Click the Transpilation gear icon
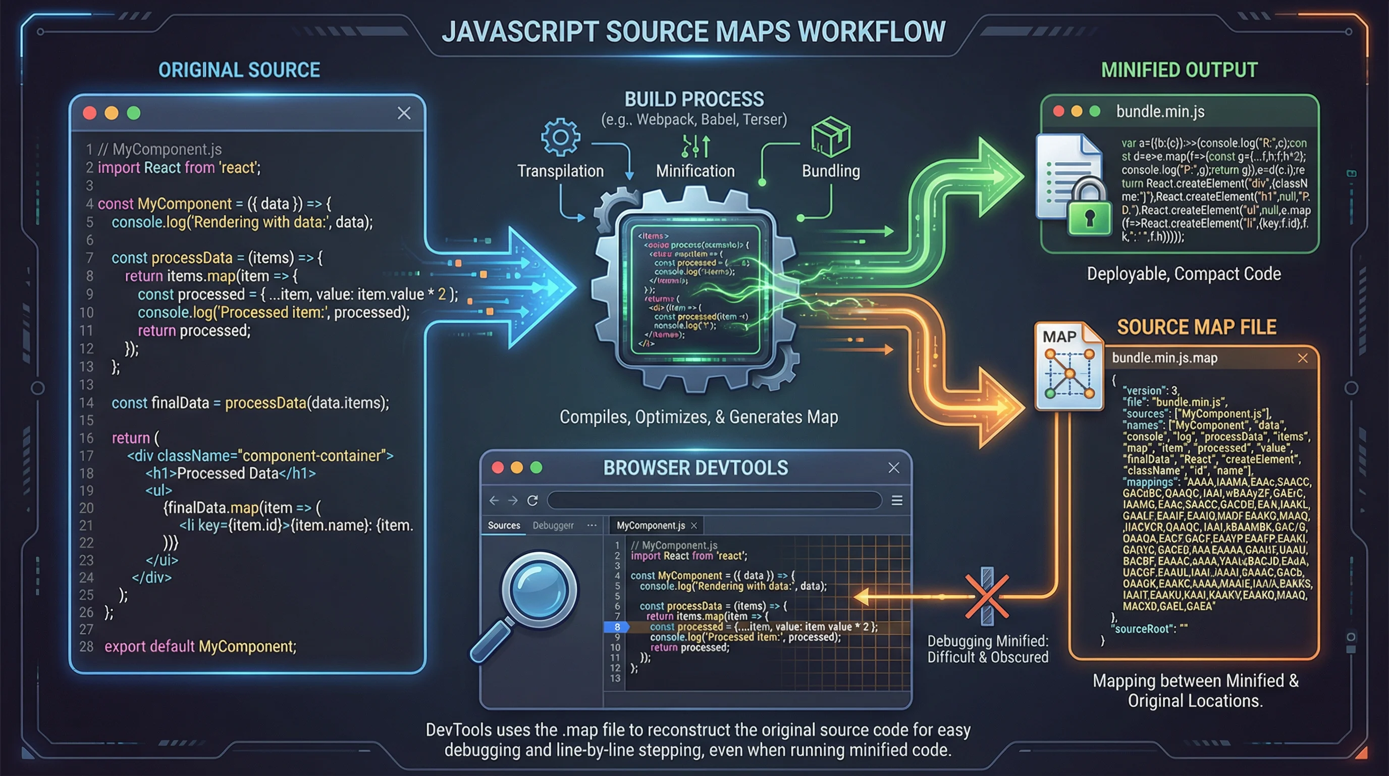pos(560,137)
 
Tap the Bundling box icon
pos(830,137)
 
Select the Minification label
pos(695,171)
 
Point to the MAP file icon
pos(1069,367)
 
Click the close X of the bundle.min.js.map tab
pos(1303,358)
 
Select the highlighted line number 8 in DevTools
pos(617,626)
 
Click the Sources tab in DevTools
pos(504,525)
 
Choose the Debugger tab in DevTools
pos(553,525)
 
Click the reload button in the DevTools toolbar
pos(532,501)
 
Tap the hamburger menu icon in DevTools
pos(897,501)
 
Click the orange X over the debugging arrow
pos(987,596)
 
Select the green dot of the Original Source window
pos(134,113)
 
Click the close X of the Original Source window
pos(404,113)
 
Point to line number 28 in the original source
pos(86,647)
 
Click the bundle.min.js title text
pos(1160,111)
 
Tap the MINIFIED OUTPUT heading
pos(1179,70)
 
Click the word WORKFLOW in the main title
pos(871,31)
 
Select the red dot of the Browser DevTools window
pos(498,467)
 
